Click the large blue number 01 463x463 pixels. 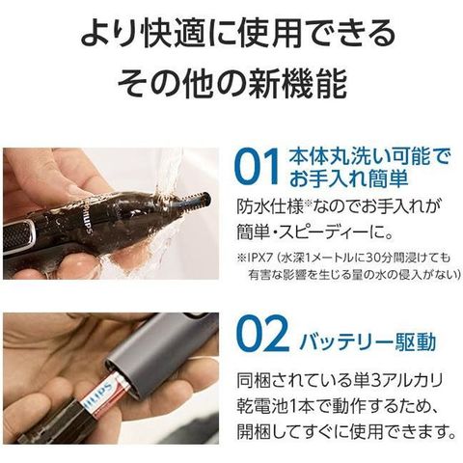[x=257, y=168]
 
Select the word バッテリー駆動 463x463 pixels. [x=368, y=342]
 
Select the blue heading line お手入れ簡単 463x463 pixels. [x=349, y=178]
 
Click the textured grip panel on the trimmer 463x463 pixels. [x=19, y=233]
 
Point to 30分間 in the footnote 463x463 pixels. [x=379, y=259]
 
